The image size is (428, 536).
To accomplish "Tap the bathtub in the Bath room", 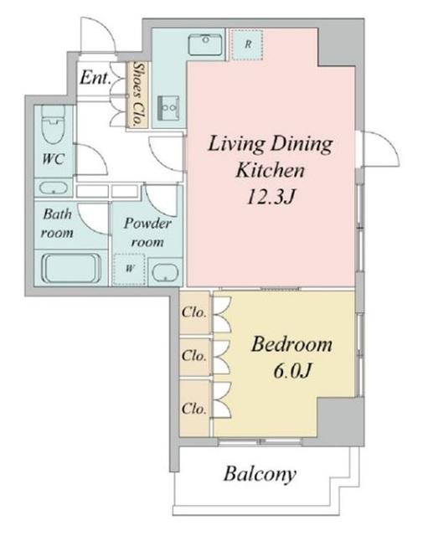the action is tap(71, 268).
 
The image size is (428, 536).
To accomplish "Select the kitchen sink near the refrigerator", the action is tap(205, 44).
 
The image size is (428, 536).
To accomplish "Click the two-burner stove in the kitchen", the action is tap(168, 108).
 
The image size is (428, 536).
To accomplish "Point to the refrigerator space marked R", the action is tap(247, 44).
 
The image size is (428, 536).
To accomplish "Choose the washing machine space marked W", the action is tap(130, 269).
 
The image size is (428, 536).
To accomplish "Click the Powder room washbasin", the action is tap(166, 273).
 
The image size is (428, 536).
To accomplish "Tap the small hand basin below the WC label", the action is tap(54, 188).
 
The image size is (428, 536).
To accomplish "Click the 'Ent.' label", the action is tap(95, 78).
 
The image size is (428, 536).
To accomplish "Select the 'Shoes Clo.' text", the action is tap(138, 94).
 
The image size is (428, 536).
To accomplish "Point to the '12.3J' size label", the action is tap(271, 197).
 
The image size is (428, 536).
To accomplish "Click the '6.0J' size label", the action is tap(292, 370).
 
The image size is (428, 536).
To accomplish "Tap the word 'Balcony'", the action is tap(260, 474).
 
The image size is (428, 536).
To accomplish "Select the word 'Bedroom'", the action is tap(291, 344).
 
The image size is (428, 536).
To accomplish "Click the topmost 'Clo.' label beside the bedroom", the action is tap(193, 312).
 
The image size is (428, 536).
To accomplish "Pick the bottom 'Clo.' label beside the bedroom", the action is tap(193, 408).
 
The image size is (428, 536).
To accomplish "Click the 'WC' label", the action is tap(54, 158).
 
